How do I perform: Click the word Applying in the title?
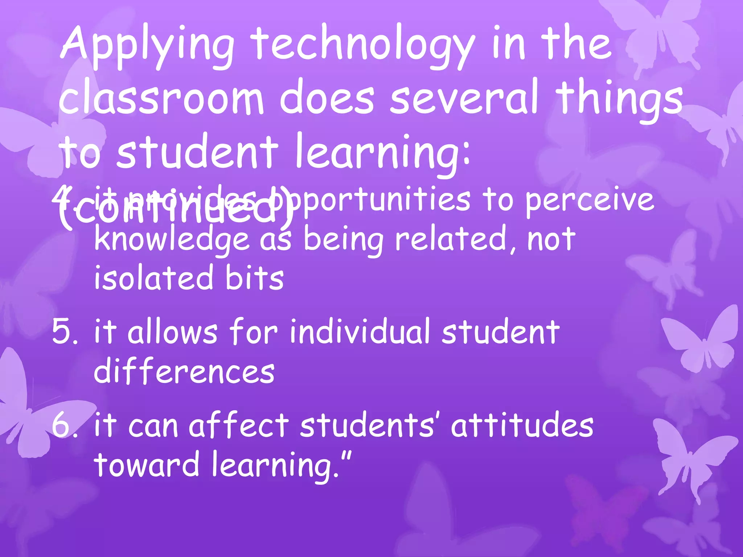147,47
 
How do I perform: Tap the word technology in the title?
363,47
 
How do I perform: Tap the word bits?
254,278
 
